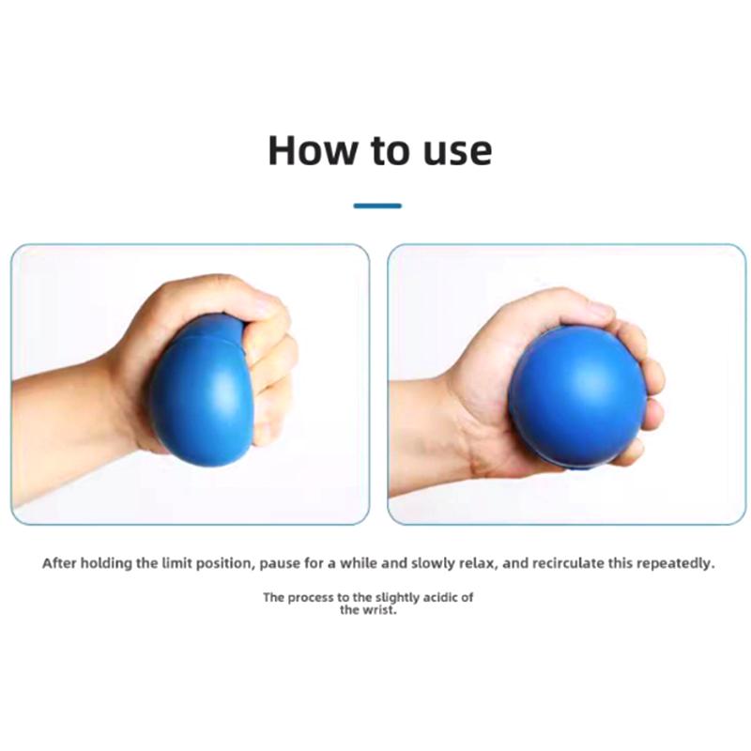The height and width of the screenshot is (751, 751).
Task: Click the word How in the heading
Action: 313,150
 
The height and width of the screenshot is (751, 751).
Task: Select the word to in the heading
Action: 390,150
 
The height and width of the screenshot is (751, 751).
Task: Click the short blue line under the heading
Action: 377,206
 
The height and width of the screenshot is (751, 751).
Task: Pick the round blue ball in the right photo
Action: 578,395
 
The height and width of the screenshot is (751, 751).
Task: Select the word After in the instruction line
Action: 59,563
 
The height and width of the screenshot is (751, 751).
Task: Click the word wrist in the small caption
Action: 381,610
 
